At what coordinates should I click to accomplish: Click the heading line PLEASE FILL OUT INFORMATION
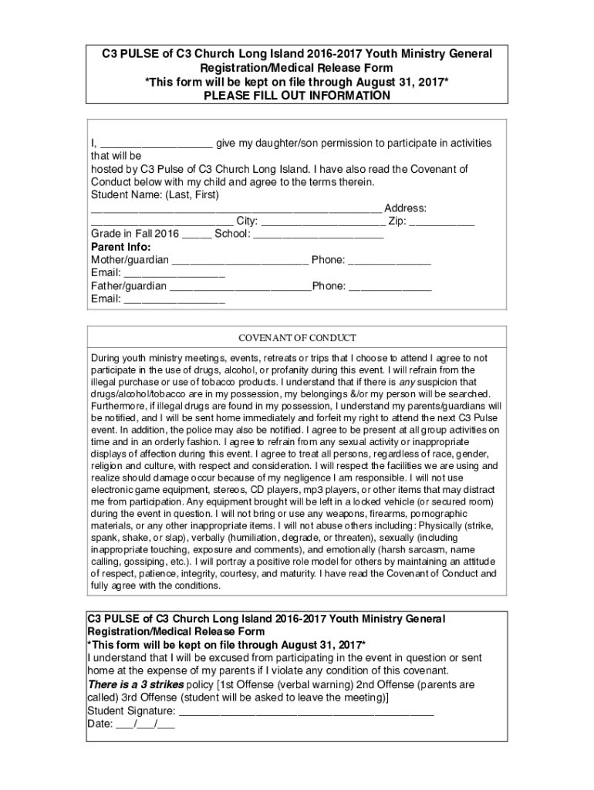pyautogui.click(x=297, y=96)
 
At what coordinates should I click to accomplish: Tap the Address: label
pyautogui.click(x=406, y=208)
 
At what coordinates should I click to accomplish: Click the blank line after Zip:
pyautogui.click(x=442, y=222)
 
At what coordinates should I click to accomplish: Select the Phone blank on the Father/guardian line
pyautogui.click(x=390, y=287)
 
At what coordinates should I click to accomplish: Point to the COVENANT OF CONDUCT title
pyautogui.click(x=297, y=338)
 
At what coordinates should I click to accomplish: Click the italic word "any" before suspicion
pyautogui.click(x=406, y=383)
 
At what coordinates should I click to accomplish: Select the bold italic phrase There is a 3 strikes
pyautogui.click(x=136, y=684)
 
